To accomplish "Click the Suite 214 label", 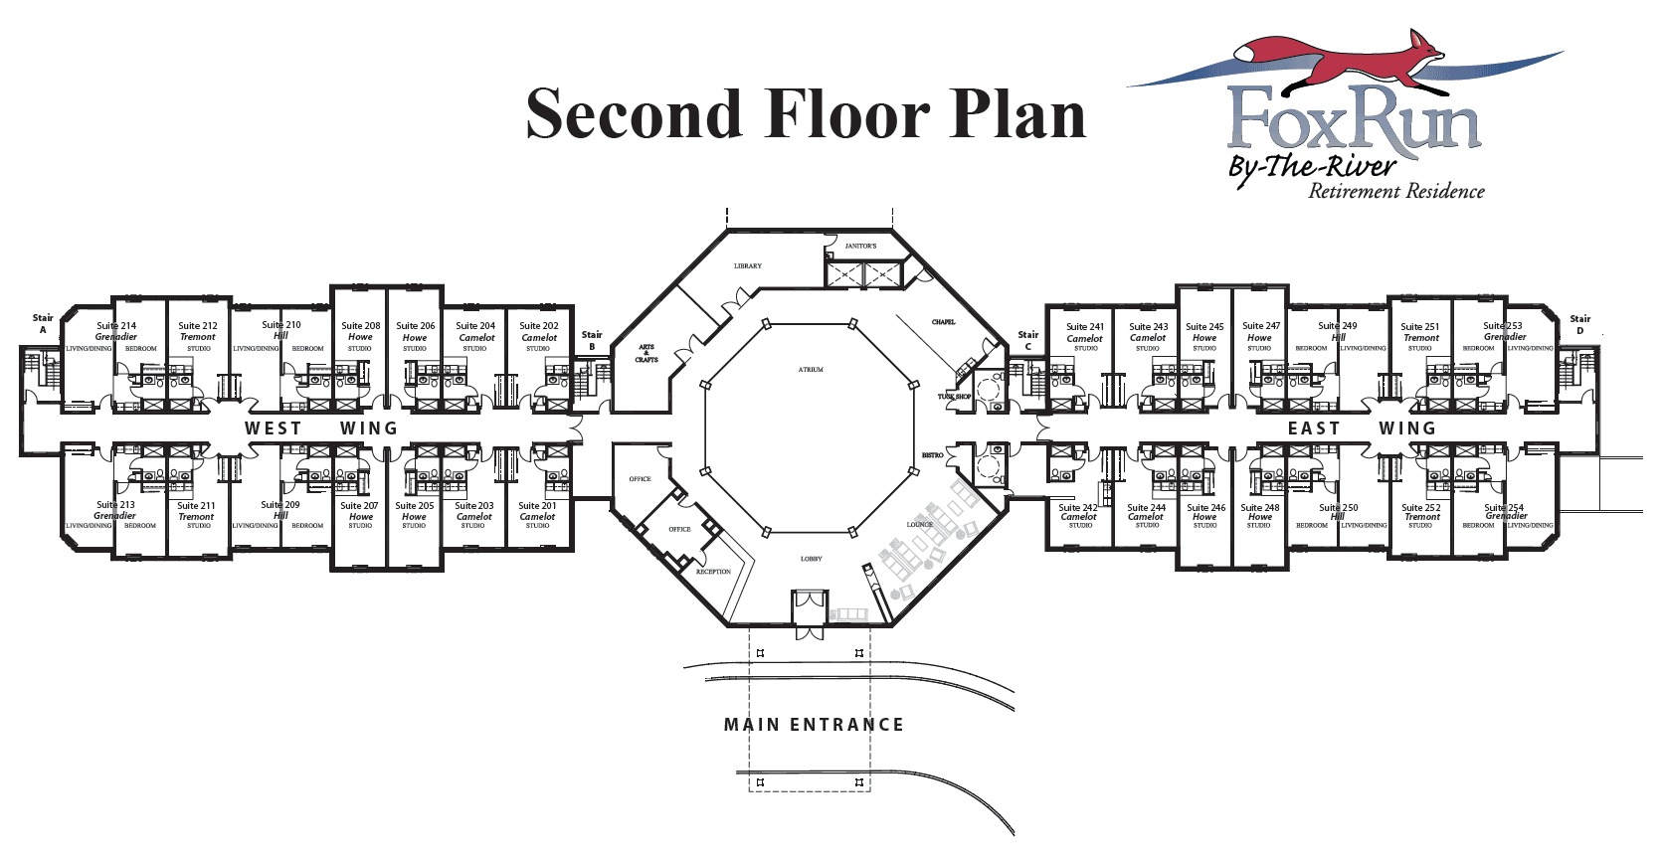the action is point(116,326).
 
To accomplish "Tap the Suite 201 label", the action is point(537,506).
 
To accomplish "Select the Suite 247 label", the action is point(1261,326).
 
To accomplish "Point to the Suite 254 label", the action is point(1504,508).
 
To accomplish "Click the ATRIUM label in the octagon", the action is point(811,370).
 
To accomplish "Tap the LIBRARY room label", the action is point(748,266).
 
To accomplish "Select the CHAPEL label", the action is point(943,322).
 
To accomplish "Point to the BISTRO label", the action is point(932,455).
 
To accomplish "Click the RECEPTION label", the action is point(713,572).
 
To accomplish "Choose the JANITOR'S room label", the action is point(860,246).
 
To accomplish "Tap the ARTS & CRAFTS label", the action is point(646,353).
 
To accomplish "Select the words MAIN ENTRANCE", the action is point(814,725).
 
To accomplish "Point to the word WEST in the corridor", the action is point(274,428).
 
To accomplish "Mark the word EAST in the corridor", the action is point(1314,428).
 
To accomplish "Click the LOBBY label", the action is point(811,559).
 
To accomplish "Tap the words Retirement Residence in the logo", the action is point(1395,192).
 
